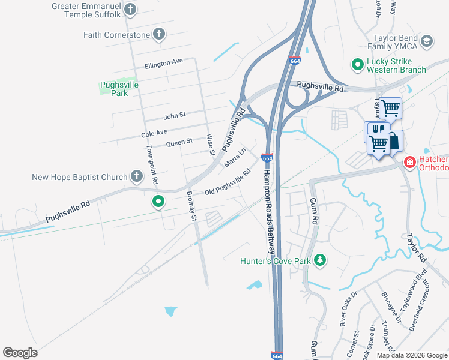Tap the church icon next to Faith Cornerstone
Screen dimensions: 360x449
159,34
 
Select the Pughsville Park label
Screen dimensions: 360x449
119,89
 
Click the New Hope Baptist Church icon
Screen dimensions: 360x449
137,176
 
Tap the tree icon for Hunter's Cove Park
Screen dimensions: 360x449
321,260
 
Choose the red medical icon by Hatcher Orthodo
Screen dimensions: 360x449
409,162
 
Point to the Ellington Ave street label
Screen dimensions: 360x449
163,62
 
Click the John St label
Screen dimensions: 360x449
175,115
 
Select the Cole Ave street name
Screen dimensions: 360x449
154,132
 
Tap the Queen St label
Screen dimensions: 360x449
179,142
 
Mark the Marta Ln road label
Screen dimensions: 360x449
235,158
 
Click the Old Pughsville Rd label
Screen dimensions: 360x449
228,183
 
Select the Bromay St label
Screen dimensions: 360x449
191,205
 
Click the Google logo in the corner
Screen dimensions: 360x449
20,352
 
